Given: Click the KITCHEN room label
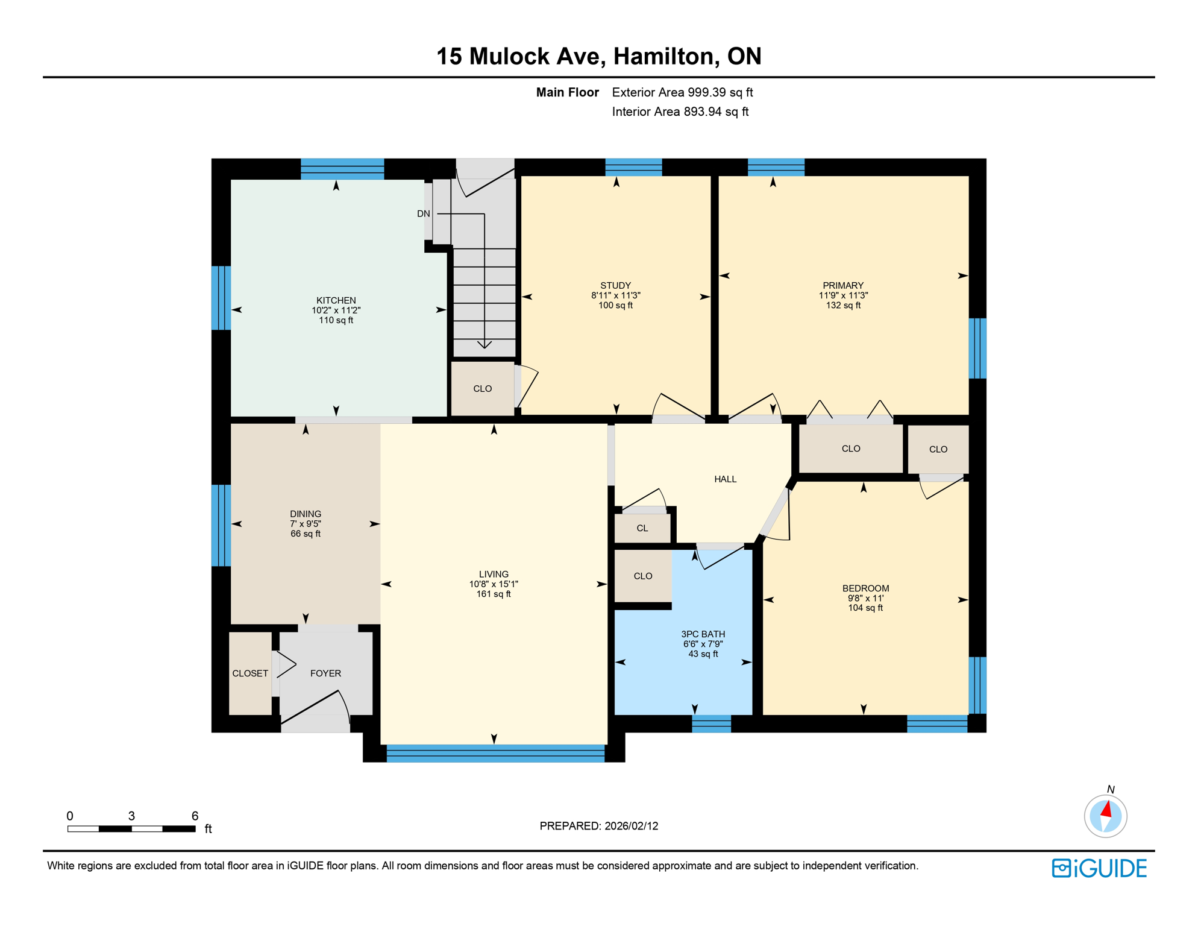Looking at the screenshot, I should (x=336, y=300).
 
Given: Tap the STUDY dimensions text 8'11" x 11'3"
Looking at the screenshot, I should (x=615, y=295).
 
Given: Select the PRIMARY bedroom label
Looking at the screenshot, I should (x=842, y=285).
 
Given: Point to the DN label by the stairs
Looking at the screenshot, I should (x=423, y=213).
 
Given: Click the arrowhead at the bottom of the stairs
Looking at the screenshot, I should (x=484, y=345).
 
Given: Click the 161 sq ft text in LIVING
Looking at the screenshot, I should (x=493, y=594).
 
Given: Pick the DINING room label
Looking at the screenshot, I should (x=305, y=514).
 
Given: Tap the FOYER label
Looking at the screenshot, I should (x=325, y=673).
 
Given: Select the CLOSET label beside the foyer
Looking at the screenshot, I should (x=250, y=673).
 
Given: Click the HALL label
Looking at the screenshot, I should (x=725, y=479).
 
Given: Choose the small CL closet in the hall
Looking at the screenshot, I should (x=642, y=528).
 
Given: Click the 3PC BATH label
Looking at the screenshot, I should (x=703, y=634).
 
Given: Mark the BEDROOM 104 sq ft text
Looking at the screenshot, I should (x=865, y=608).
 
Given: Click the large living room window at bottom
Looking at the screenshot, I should (x=495, y=753).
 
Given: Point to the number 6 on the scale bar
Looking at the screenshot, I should (x=195, y=816).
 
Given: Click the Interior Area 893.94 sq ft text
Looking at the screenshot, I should (x=680, y=112).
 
